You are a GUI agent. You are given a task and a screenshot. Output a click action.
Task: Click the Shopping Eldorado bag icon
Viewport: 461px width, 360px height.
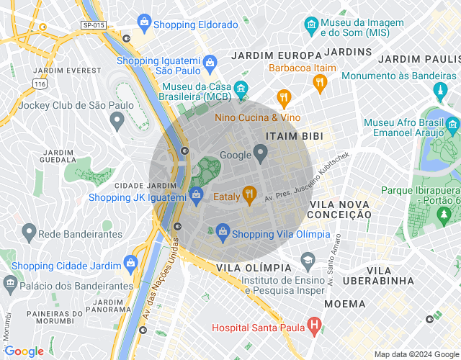tap(145, 24)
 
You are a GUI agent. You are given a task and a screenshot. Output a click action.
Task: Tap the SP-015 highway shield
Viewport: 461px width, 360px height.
tap(93, 25)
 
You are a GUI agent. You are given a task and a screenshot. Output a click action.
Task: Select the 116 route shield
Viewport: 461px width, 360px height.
tap(39, 84)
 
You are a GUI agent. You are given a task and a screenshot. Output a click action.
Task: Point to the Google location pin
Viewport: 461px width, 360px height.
tap(261, 153)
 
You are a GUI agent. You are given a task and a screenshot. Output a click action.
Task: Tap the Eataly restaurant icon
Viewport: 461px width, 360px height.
tap(249, 194)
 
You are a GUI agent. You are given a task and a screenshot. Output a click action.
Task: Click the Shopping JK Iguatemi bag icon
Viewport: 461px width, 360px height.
tap(196, 194)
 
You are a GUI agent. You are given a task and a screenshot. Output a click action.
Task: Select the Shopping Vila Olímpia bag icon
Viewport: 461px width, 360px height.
tap(223, 232)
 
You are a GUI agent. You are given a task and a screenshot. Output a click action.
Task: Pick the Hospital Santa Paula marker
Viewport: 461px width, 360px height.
tap(314, 325)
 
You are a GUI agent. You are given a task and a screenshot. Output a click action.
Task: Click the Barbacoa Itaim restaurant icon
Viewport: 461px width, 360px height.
tap(320, 84)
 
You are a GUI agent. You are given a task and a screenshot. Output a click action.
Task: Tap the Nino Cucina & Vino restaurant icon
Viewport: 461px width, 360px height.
tap(284, 98)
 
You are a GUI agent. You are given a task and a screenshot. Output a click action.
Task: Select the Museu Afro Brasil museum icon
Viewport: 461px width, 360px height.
tap(452, 126)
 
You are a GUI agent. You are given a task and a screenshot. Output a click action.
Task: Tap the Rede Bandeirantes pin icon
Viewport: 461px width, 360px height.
tap(29, 232)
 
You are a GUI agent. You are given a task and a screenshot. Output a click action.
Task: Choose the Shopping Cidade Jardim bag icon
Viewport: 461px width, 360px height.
tap(130, 263)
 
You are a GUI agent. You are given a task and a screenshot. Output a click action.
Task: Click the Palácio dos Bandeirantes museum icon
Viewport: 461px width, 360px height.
tap(10, 283)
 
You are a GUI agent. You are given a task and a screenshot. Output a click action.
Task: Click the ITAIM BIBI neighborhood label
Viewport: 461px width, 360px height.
tap(294, 135)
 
